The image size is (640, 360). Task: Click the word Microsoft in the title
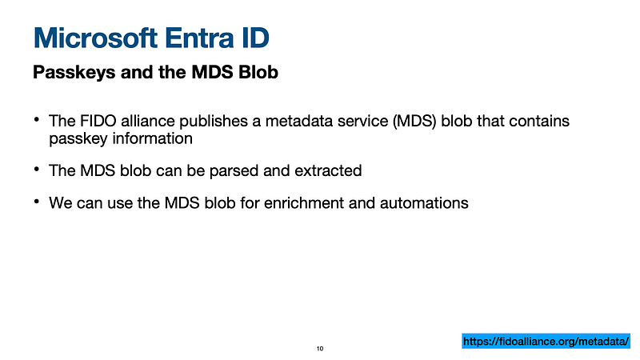click(x=95, y=38)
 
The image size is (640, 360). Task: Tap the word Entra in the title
click(x=199, y=38)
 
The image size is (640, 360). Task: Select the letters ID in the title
click(x=254, y=38)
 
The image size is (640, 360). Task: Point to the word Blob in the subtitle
click(x=258, y=72)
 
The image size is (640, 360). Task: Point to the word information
click(x=152, y=138)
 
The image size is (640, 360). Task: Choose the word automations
click(x=424, y=203)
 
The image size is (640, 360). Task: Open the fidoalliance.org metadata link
click(x=546, y=342)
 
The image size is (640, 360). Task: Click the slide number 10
click(x=320, y=349)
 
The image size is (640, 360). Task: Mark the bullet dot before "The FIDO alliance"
click(x=37, y=119)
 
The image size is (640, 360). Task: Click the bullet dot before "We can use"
click(x=37, y=202)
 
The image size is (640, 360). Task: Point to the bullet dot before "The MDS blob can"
click(x=37, y=169)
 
